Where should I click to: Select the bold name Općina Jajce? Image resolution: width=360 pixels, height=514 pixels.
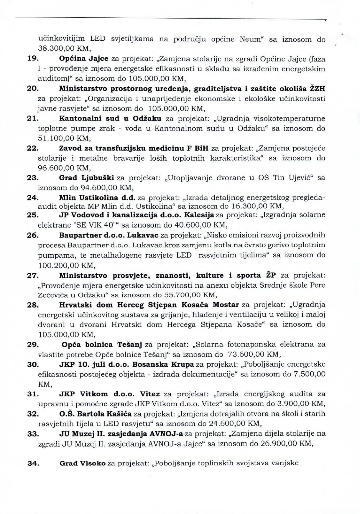pyautogui.click(x=84, y=59)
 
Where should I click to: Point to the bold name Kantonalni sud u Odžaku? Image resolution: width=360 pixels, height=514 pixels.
pyautogui.click(x=110, y=118)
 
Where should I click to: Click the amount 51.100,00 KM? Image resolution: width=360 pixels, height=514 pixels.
pyautogui.click(x=64, y=138)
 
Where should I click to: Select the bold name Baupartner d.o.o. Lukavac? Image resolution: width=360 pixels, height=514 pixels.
pyautogui.click(x=109, y=235)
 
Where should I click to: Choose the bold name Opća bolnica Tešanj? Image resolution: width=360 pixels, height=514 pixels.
pyautogui.click(x=102, y=345)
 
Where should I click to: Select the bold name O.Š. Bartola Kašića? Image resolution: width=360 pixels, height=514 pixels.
pyautogui.click(x=96, y=414)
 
